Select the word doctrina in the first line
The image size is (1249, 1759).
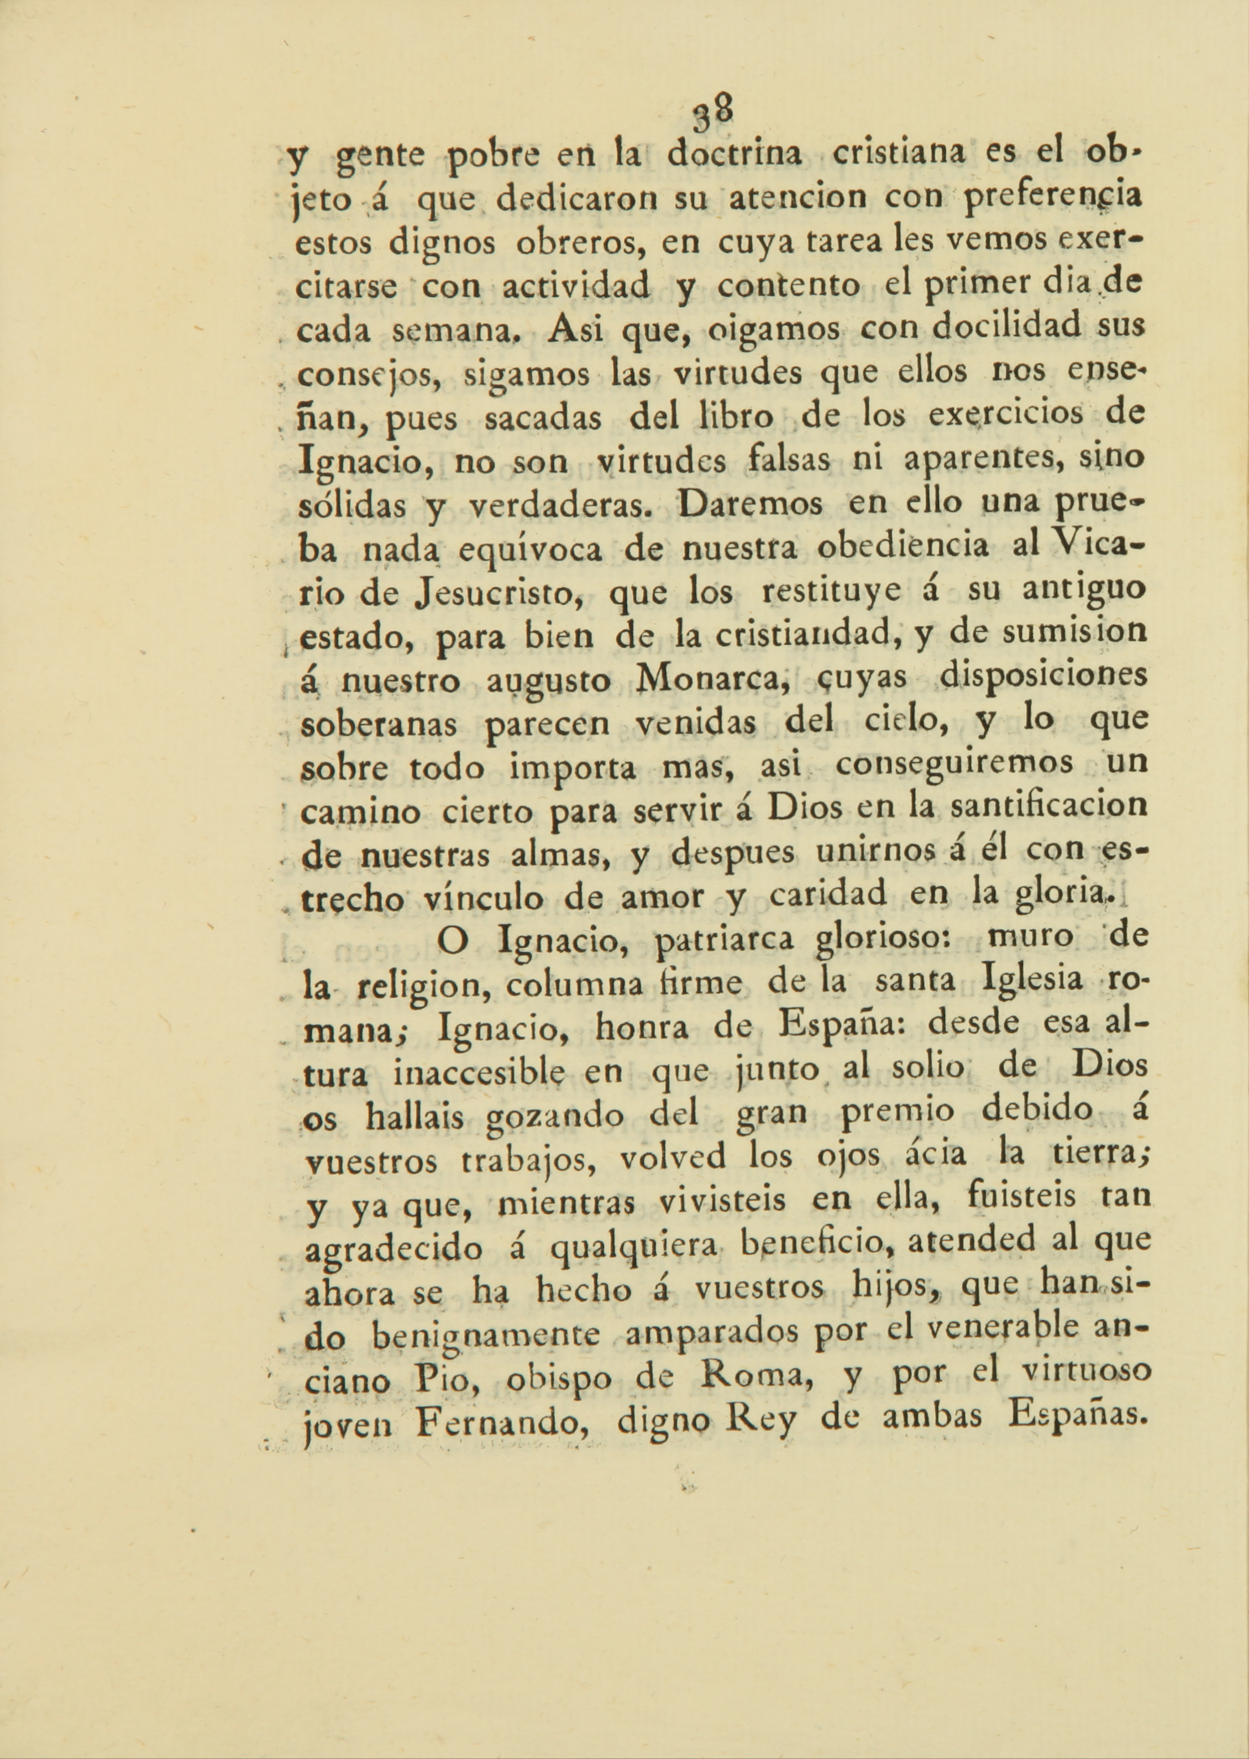(734, 155)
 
